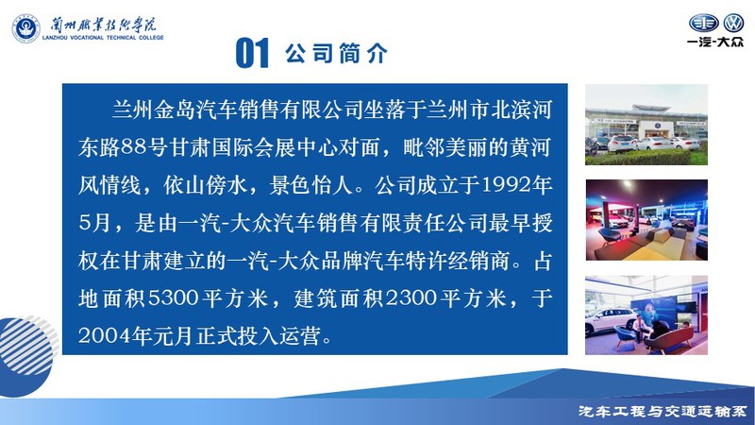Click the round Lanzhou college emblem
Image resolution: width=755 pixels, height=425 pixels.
click(x=26, y=28)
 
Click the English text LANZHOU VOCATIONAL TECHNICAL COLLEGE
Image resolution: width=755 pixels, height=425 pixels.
click(x=103, y=38)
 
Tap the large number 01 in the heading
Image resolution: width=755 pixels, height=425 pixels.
click(x=252, y=53)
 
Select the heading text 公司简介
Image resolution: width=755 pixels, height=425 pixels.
click(x=336, y=53)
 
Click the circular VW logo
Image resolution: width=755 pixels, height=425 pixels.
click(x=734, y=23)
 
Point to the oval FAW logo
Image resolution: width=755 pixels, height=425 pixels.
click(x=703, y=23)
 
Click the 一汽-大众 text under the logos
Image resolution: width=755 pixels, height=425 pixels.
click(x=715, y=42)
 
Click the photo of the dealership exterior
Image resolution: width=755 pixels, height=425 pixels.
click(x=646, y=125)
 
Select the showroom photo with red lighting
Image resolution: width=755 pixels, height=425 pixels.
click(x=646, y=220)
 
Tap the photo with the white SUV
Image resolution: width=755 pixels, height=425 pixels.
click(x=646, y=315)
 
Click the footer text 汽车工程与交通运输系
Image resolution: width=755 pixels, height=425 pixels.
click(x=663, y=412)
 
